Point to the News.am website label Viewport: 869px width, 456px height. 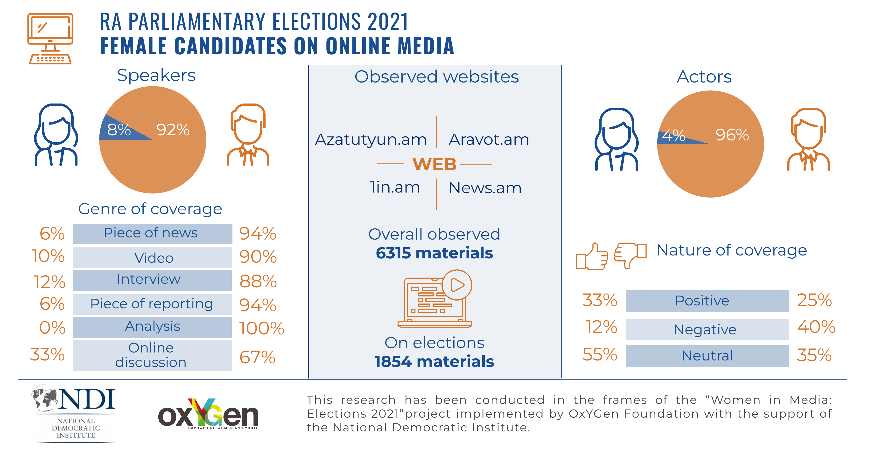tap(485, 188)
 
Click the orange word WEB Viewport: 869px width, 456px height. tap(434, 164)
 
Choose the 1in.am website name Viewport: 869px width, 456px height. tap(395, 187)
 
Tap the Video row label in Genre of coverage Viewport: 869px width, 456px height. tap(154, 258)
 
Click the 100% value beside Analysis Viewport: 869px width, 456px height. tap(261, 328)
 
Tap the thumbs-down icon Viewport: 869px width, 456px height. tap(630, 255)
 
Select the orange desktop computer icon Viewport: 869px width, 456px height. tap(50, 38)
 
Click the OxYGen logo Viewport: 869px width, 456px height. tap(208, 415)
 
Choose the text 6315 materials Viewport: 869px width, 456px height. tap(434, 253)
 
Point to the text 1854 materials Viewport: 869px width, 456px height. tap(434, 362)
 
